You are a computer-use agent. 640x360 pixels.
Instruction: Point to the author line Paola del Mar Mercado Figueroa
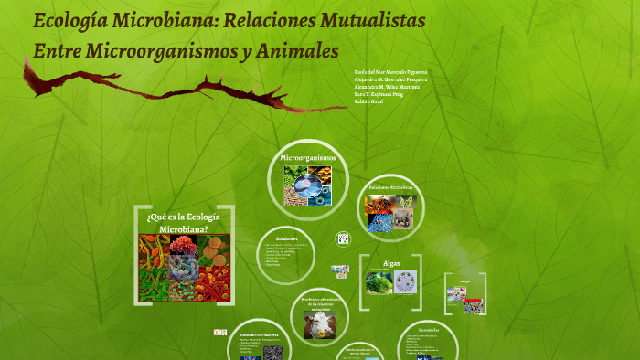390,71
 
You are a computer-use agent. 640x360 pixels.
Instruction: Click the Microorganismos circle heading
308,157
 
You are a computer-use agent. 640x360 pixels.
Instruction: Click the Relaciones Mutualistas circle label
391,187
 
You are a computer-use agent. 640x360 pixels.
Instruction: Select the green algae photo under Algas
379,282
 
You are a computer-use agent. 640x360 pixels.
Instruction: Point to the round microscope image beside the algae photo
405,282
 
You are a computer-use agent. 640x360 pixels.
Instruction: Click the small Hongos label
465,281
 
